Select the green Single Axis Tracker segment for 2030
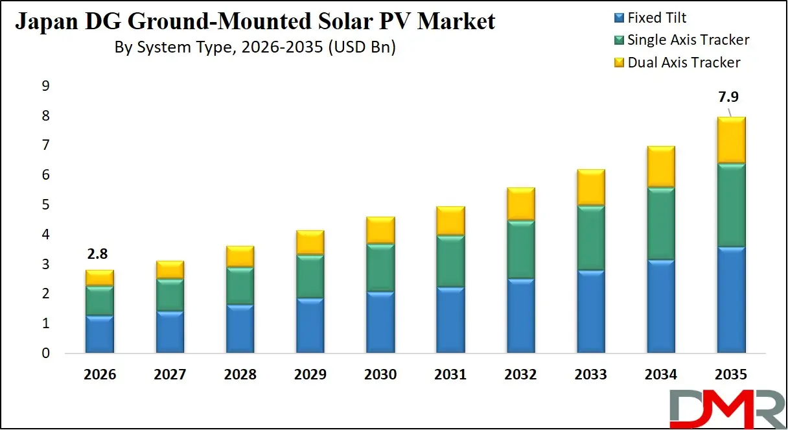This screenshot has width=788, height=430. tap(380, 268)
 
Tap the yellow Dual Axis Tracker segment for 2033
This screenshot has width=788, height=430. tap(590, 187)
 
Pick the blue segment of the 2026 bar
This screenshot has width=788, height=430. tap(100, 334)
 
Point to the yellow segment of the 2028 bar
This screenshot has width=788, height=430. tap(240, 256)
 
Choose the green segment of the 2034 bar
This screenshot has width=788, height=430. tap(660, 224)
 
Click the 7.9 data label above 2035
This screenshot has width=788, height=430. tap(728, 97)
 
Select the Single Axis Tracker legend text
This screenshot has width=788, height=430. tap(688, 40)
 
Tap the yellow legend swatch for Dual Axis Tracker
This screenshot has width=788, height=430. tap(619, 63)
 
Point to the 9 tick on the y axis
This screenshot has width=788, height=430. tap(45, 86)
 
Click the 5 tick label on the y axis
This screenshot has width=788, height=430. tap(45, 205)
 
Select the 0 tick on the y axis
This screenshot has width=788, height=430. tap(45, 353)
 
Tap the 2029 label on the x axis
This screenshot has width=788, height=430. tap(310, 375)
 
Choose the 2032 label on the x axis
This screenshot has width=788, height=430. tap(520, 375)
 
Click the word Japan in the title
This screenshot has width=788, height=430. tap(43, 21)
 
